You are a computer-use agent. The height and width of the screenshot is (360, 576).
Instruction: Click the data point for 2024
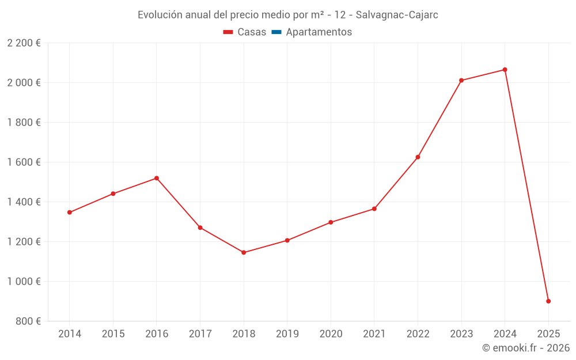coord(505,70)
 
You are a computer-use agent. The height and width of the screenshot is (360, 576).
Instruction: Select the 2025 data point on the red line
coord(548,301)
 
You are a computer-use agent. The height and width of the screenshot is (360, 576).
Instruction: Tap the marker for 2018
coord(244,252)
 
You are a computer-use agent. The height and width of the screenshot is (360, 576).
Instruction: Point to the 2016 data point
coord(157,178)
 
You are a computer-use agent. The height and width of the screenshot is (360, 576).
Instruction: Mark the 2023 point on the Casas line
coord(461,80)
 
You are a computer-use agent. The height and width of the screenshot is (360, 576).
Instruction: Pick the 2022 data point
coord(418,157)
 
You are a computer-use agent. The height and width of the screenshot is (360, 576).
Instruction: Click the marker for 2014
coord(70,213)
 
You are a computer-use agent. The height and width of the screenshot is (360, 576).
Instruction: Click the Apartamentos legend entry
coord(319,32)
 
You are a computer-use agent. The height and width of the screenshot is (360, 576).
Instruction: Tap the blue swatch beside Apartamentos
coord(276,32)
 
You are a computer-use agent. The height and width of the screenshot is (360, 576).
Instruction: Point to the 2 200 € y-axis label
coord(24,43)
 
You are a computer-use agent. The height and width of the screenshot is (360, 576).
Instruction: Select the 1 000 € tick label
coord(24,282)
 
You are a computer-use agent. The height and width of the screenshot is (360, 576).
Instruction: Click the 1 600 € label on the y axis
coord(24,162)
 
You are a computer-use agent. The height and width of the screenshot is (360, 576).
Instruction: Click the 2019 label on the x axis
coord(287,334)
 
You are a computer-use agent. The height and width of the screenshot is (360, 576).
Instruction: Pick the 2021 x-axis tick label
coord(374,334)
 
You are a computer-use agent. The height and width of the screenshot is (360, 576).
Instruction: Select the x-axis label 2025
coord(548,334)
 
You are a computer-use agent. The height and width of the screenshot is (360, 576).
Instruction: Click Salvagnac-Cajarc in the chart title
coord(397,15)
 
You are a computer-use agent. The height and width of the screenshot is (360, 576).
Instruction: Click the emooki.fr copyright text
coord(526,348)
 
